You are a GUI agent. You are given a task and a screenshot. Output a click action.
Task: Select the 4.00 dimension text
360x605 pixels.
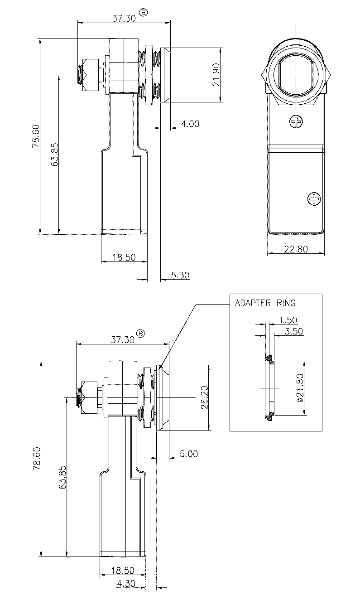(x=190, y=124)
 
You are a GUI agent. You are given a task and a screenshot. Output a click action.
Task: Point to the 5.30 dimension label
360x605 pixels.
(x=180, y=275)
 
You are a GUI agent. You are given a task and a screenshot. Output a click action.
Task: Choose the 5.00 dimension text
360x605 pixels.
(x=188, y=454)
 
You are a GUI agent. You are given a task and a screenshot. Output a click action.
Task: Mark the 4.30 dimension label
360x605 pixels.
(x=125, y=584)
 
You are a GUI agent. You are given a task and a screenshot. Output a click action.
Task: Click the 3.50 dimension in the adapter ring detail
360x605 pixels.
(x=294, y=331)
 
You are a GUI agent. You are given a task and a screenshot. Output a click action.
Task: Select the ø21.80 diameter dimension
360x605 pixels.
(x=299, y=388)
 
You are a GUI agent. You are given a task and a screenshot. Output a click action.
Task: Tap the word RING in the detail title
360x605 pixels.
(x=286, y=304)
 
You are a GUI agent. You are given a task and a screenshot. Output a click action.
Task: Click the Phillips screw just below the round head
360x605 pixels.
(x=297, y=121)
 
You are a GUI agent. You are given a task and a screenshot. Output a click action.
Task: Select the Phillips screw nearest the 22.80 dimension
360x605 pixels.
(x=313, y=198)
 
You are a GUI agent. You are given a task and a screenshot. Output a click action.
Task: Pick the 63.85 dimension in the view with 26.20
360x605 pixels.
(x=63, y=477)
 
